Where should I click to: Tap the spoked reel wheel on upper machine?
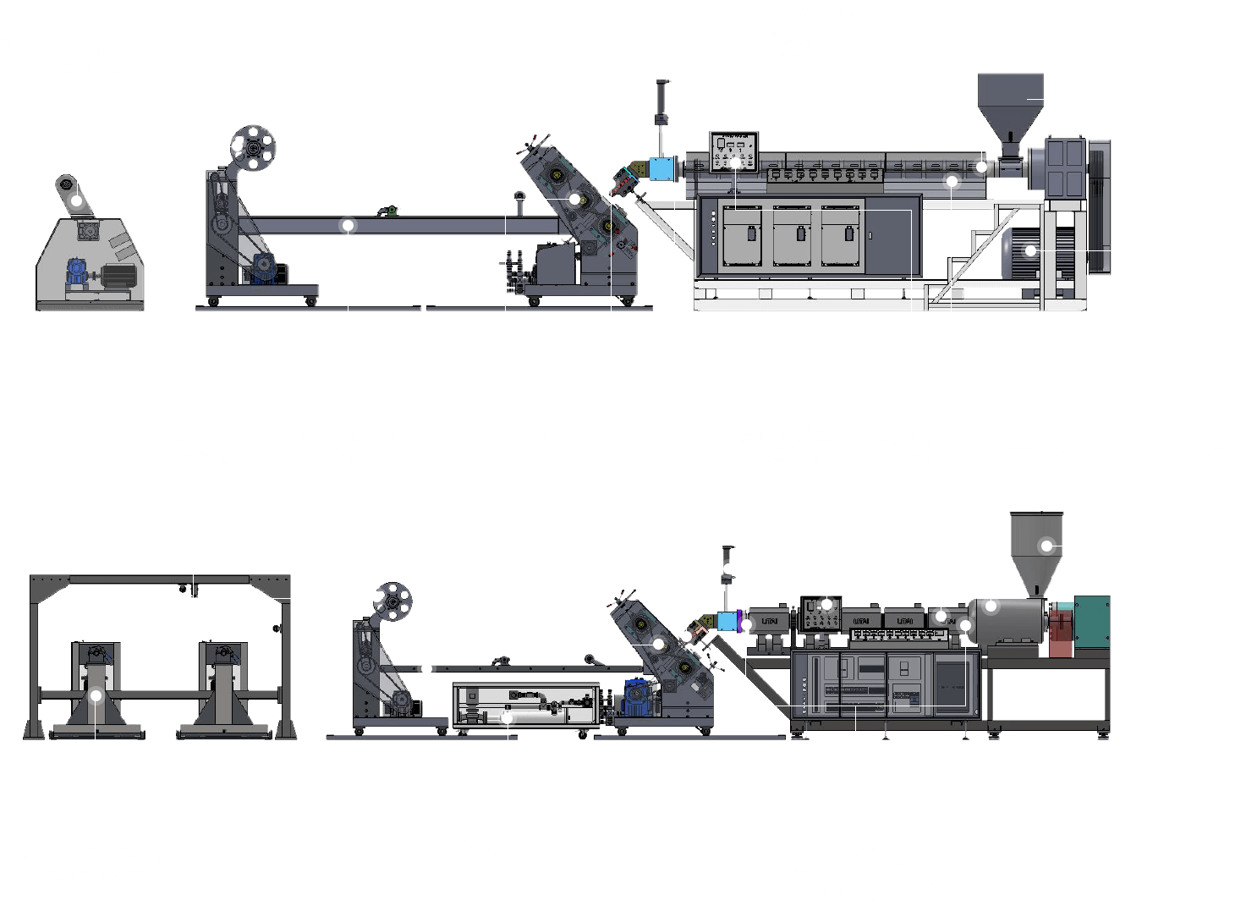(x=252, y=146)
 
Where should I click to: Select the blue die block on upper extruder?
(x=660, y=167)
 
